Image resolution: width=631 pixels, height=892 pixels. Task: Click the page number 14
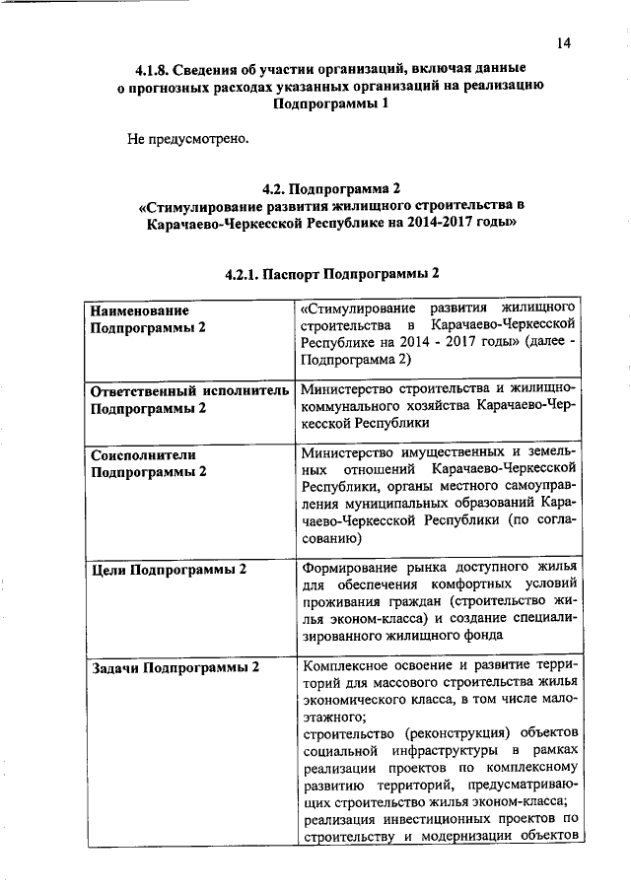tap(563, 42)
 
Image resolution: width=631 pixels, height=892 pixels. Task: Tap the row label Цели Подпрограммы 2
tap(169, 569)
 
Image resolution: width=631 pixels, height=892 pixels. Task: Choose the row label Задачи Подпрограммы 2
tap(175, 667)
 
